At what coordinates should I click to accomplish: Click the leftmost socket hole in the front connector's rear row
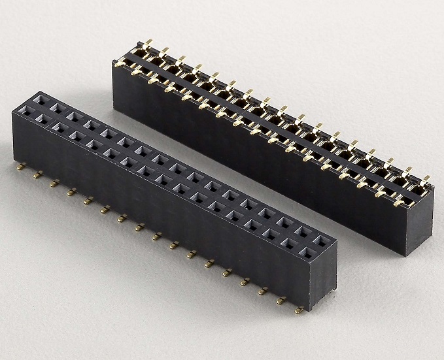tap(39, 100)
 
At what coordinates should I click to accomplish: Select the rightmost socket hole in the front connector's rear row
tap(321, 240)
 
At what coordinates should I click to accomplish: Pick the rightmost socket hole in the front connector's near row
tap(305, 249)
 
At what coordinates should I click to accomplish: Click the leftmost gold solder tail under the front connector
tap(21, 167)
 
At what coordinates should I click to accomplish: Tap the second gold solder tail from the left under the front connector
tap(38, 174)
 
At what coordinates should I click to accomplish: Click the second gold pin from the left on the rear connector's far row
tap(164, 51)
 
